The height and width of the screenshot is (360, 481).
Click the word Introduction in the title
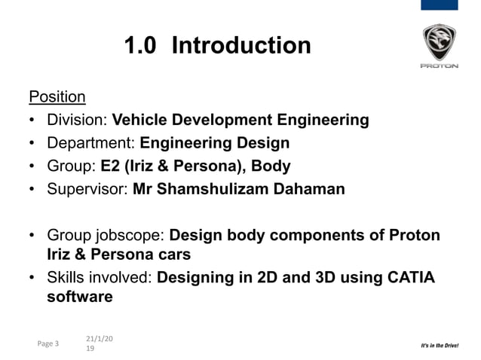coord(240,46)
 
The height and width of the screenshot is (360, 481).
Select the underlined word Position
coord(57,97)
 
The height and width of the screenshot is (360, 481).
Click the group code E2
coord(110,166)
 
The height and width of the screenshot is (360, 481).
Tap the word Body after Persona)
coord(271,166)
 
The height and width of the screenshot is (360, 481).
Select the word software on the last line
coord(80,297)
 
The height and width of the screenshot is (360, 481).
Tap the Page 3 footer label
coord(47,344)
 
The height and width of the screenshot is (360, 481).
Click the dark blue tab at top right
coord(438,5)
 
